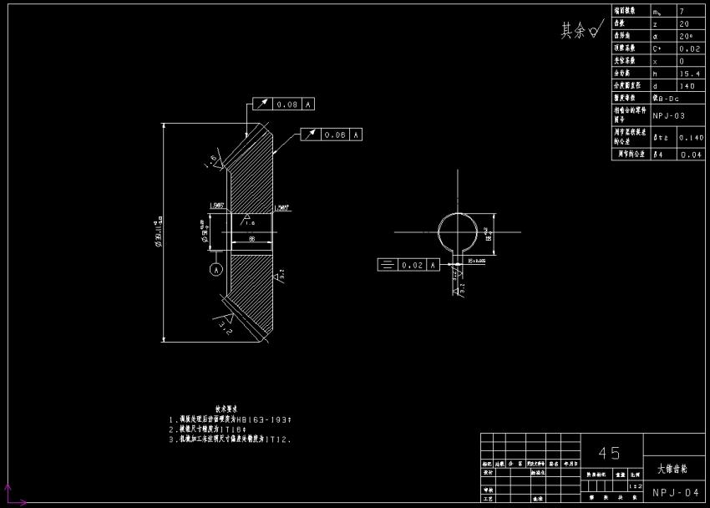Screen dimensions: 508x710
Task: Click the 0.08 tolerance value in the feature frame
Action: pos(287,104)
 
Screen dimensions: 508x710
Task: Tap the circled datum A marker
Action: pos(216,270)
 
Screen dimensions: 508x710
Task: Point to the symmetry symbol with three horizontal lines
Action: pos(387,265)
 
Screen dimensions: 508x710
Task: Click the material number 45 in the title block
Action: pos(610,453)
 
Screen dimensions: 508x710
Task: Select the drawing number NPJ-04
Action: pos(676,493)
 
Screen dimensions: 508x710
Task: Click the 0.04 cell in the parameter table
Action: pos(691,155)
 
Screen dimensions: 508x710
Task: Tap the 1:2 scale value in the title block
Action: pos(636,485)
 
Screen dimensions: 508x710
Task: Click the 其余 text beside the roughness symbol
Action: pos(572,31)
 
